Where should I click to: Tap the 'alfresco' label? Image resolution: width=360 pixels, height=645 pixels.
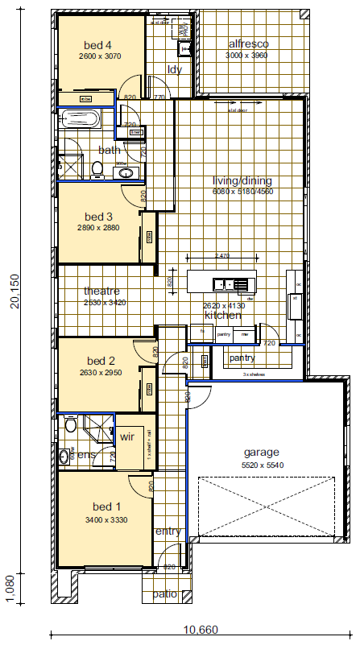pyautogui.click(x=248, y=43)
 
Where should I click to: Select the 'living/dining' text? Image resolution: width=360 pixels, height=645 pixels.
pyautogui.click(x=242, y=181)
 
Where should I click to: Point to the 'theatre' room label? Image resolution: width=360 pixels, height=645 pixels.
pyautogui.click(x=101, y=291)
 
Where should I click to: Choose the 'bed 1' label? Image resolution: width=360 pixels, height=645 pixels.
pyautogui.click(x=106, y=506)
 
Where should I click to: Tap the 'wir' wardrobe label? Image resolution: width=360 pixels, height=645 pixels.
pyautogui.click(x=126, y=437)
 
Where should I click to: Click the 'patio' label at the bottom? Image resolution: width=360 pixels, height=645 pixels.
pyautogui.click(x=165, y=595)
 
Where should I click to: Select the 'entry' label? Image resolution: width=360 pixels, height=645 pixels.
pyautogui.click(x=168, y=531)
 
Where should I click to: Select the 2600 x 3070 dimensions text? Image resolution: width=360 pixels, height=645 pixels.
pyautogui.click(x=99, y=57)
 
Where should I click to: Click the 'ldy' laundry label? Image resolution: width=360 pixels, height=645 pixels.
pyautogui.click(x=175, y=69)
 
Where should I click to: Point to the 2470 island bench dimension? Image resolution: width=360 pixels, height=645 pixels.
pyautogui.click(x=222, y=255)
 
